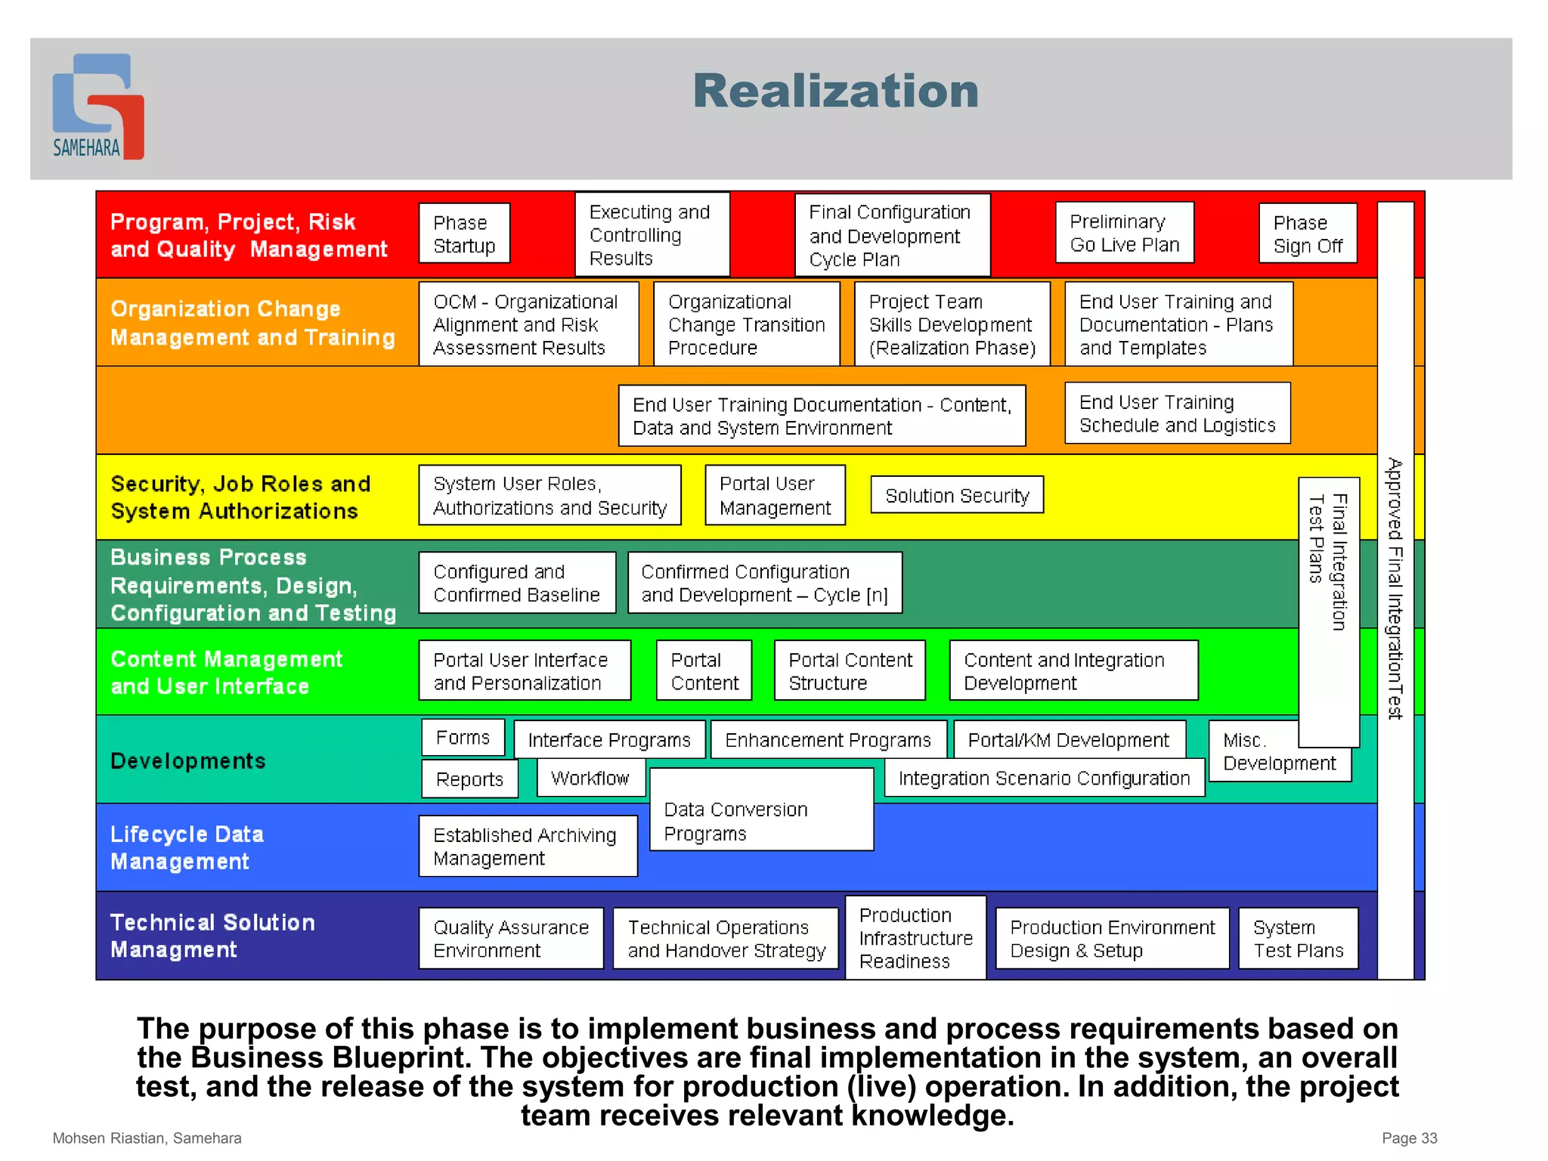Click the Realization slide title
(x=835, y=91)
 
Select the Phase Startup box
(x=464, y=234)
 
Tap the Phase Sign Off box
(x=1307, y=234)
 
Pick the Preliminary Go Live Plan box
(x=1124, y=233)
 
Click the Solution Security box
(x=956, y=495)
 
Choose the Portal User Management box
(x=774, y=495)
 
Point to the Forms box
(x=463, y=738)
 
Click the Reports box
(x=469, y=779)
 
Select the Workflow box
(x=590, y=778)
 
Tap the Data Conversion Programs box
(x=760, y=821)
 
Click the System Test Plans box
(x=1298, y=938)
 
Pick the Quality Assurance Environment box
(x=511, y=938)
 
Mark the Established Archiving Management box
(x=528, y=847)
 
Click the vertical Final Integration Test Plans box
(x=1328, y=612)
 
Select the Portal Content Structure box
(x=850, y=671)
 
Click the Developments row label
(x=188, y=760)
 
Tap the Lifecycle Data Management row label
(x=187, y=847)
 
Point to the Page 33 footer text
(x=1409, y=1138)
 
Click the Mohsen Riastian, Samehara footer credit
(x=147, y=1138)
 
